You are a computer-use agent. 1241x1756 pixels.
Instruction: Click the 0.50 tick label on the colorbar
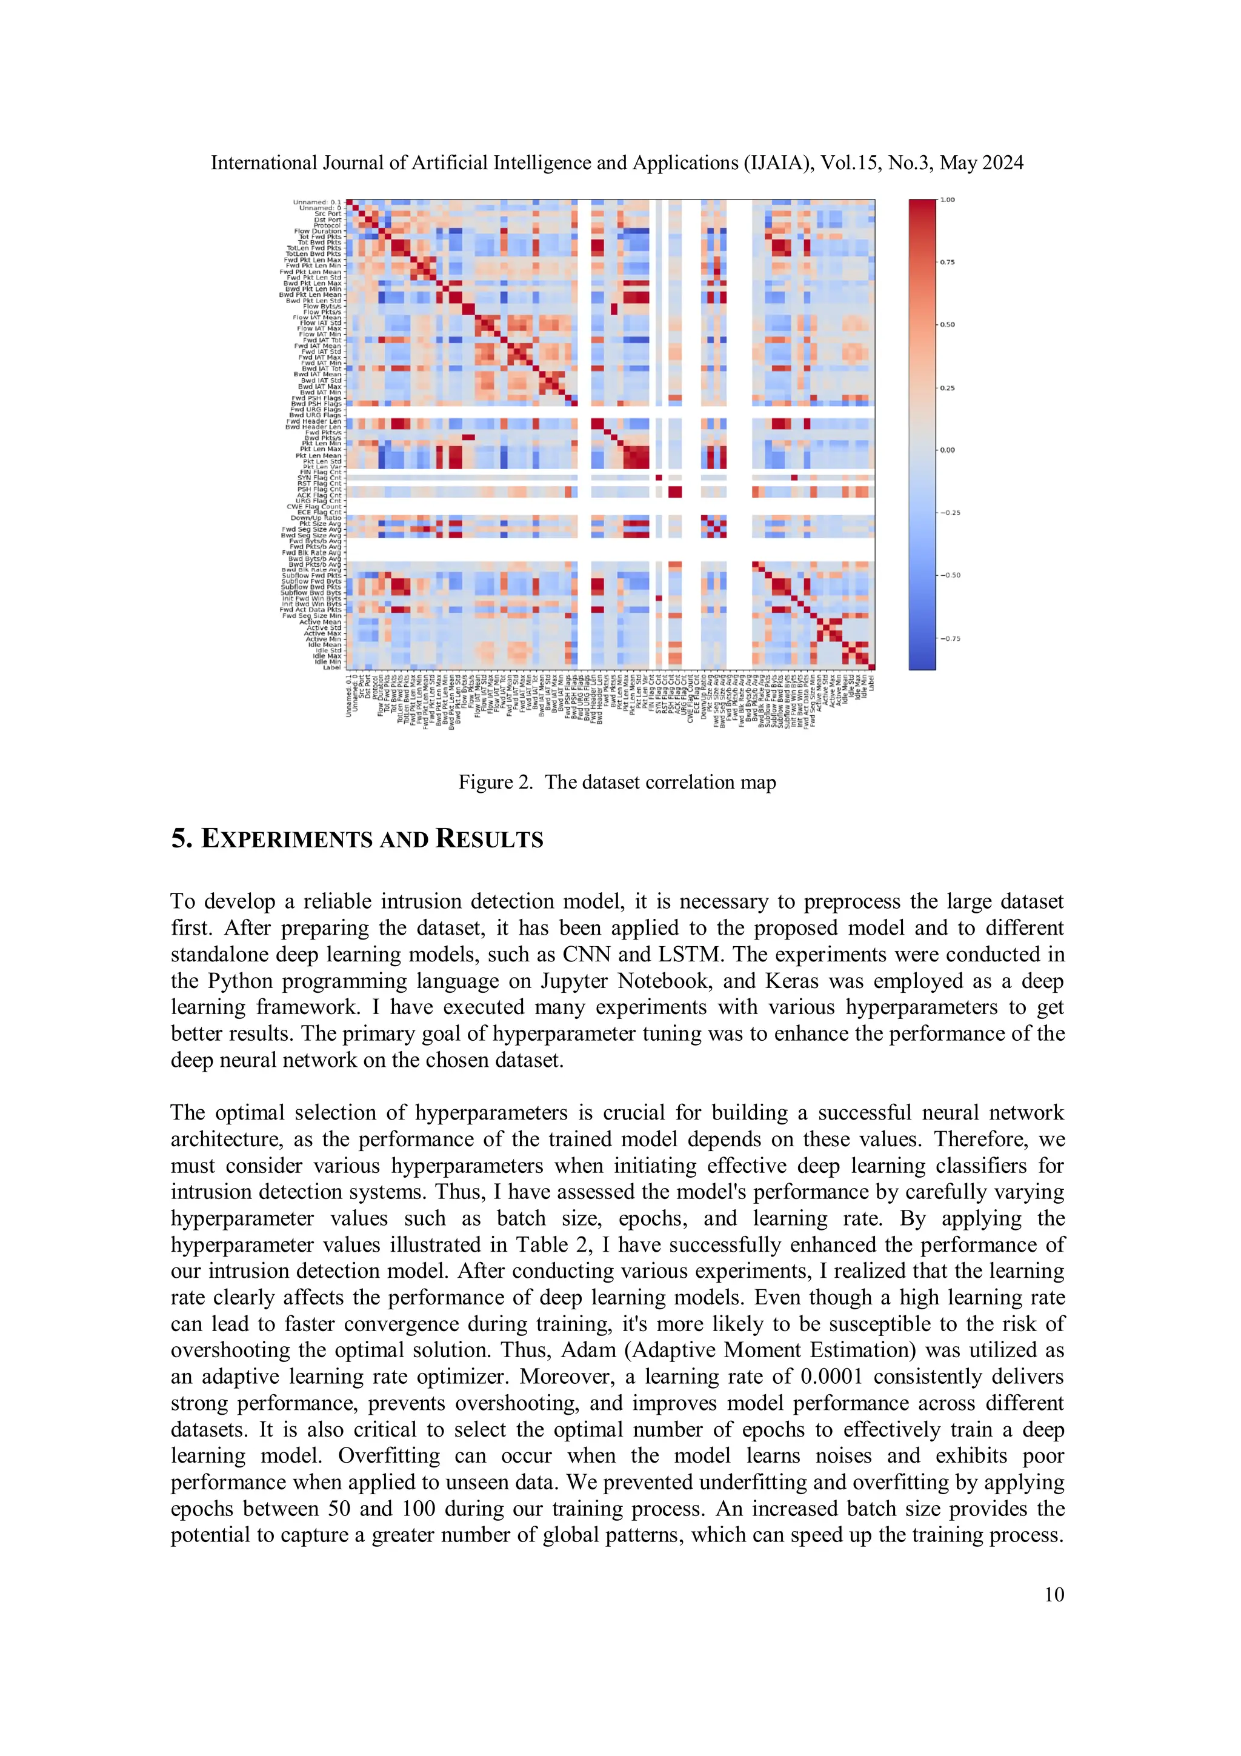click(947, 324)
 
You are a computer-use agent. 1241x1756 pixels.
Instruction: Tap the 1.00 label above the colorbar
click(947, 199)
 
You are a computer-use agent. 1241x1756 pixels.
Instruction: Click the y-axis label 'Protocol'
click(327, 225)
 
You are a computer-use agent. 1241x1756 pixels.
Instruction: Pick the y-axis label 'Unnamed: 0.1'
click(316, 202)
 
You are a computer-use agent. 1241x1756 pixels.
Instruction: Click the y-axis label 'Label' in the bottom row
click(332, 668)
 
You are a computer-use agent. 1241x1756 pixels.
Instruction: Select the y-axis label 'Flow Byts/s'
click(322, 306)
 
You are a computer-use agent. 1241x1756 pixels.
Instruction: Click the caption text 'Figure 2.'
click(494, 783)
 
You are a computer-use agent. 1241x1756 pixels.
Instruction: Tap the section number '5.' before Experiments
click(181, 839)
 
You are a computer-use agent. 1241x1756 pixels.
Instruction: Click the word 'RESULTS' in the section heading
click(490, 839)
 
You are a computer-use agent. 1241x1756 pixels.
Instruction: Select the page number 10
click(1054, 1594)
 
